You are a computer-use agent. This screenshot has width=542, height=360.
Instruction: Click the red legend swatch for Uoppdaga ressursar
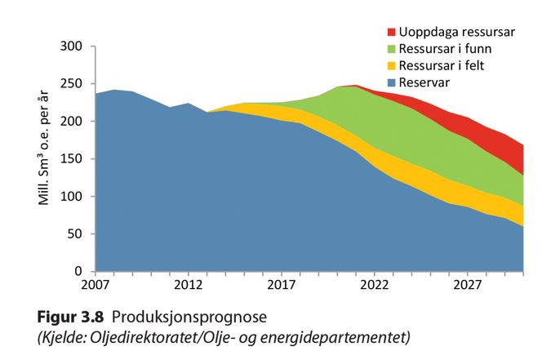coord(392,33)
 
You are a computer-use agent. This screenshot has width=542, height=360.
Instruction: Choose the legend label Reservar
coord(425,82)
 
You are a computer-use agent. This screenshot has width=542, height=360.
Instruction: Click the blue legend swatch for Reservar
coord(392,82)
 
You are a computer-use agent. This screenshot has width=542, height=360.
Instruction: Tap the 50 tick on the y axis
coord(78,234)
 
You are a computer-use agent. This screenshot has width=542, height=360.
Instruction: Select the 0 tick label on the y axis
coord(82,271)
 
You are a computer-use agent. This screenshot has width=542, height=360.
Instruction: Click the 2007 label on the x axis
coord(96,287)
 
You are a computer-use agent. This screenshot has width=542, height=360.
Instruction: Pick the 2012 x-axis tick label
coord(189,287)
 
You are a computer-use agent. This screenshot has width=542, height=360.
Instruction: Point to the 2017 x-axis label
coord(282,287)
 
